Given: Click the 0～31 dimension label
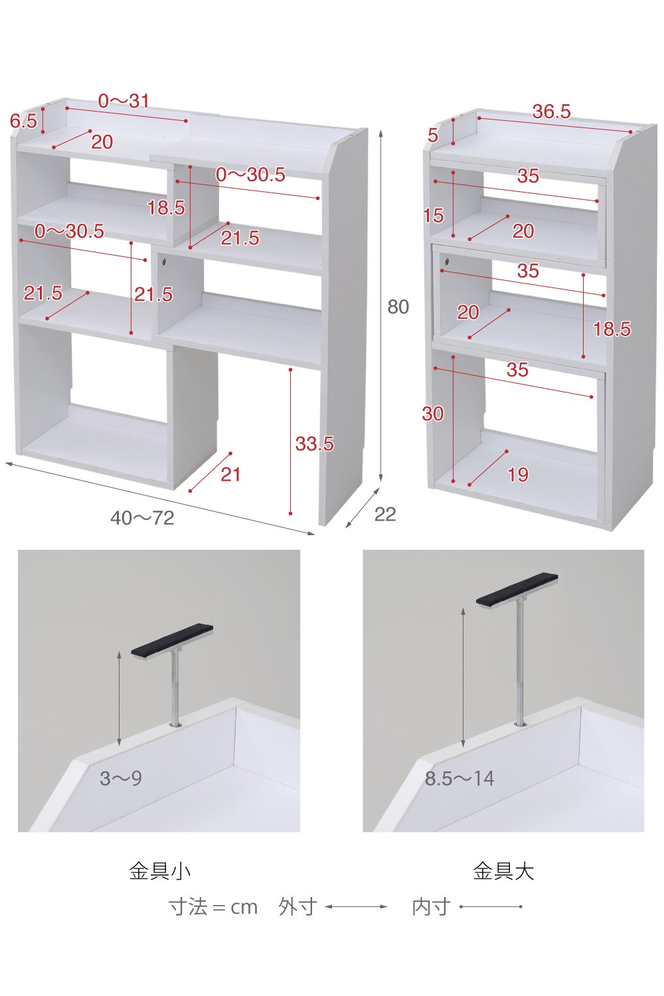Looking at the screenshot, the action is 124,102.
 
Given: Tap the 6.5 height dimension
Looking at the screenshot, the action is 23,121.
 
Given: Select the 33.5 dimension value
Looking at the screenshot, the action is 315,444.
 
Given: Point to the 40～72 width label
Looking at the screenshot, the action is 142,518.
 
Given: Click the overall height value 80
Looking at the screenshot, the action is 398,307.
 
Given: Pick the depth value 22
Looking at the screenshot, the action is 385,515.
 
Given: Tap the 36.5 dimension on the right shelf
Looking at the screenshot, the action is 552,112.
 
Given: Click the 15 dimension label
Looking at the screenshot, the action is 434,216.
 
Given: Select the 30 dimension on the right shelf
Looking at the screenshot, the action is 433,414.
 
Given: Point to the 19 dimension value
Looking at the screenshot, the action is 518,475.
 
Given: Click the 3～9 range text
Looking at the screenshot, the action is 121,779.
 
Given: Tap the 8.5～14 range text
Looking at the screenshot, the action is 459,779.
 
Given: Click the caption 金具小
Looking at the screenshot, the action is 160,871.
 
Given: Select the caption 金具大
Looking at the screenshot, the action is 503,871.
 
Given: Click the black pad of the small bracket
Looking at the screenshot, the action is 172,639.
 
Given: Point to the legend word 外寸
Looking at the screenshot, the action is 298,907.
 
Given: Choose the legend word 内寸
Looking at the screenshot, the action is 431,907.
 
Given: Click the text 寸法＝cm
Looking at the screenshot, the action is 213,907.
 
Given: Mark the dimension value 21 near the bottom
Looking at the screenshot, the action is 230,475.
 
